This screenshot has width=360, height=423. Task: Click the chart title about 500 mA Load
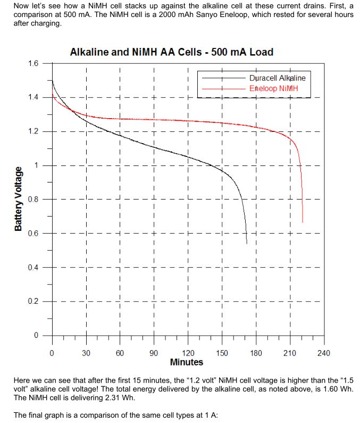tap(171, 52)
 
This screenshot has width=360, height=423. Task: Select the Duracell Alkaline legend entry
tap(277, 78)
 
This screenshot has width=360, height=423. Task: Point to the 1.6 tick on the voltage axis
tap(32, 63)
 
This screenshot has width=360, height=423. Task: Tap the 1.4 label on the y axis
tap(32, 97)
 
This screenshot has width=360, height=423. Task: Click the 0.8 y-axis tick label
tap(32, 200)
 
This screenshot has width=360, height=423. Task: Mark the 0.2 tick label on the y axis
tap(32, 301)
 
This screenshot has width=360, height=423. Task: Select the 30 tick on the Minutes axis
tap(86, 353)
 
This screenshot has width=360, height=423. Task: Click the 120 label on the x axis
tap(187, 353)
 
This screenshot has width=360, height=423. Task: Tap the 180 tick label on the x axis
tap(256, 353)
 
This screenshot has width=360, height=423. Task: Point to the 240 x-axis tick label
tap(323, 353)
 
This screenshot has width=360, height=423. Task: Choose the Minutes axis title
tap(187, 362)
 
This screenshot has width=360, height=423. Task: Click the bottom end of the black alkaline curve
tap(247, 243)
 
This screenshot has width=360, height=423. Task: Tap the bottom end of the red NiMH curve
tap(303, 222)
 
